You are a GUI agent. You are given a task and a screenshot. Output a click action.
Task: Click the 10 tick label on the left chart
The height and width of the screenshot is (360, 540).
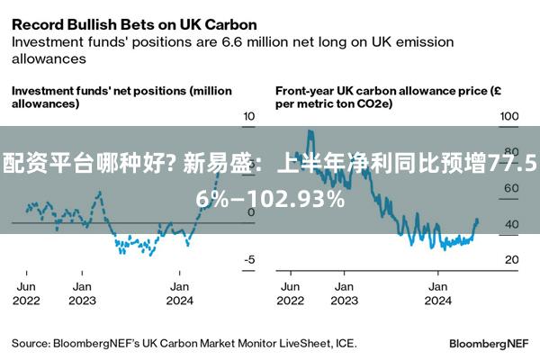249,116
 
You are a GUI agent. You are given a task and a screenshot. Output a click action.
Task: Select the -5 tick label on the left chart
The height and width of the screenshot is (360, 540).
249,259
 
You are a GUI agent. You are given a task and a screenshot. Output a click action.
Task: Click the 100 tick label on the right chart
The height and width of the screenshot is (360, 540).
509,116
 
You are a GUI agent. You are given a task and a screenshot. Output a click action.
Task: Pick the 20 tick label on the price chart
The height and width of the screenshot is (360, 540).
512,259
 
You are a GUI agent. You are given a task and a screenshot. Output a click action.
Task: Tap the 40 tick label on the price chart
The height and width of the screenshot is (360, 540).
512,224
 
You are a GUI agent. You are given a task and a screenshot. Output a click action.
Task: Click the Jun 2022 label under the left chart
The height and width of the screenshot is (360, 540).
26,293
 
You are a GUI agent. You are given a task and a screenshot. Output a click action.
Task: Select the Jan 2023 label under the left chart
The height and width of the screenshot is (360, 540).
82,293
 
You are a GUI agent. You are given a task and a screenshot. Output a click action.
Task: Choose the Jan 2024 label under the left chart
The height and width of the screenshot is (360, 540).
179,293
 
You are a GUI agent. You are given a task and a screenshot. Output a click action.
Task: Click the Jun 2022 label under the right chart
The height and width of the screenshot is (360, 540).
291,293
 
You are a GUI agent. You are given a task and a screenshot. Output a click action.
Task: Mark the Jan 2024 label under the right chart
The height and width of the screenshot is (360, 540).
437,293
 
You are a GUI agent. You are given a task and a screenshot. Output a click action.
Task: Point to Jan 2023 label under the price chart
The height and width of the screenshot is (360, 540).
344,293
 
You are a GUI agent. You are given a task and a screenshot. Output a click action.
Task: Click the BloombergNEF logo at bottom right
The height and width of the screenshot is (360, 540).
489,344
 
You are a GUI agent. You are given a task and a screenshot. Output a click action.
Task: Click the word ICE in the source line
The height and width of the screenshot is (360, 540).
346,343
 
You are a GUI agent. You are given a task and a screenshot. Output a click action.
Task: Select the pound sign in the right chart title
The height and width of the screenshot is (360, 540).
497,91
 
